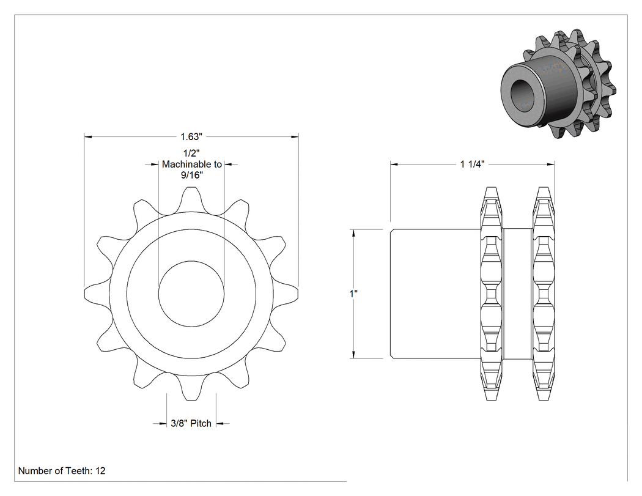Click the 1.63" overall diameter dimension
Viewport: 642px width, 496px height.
click(x=191, y=137)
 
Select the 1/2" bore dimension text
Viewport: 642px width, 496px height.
click(x=191, y=154)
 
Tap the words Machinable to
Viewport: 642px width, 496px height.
click(x=191, y=165)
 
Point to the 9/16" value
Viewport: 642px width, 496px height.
click(x=191, y=176)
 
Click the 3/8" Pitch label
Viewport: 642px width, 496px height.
click(x=191, y=423)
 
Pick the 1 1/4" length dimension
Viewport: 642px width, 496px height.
click(x=472, y=165)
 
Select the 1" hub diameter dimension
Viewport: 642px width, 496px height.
click(x=354, y=294)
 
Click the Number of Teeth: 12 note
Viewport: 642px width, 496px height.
click(x=62, y=470)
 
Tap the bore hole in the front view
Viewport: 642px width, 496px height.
click(x=191, y=294)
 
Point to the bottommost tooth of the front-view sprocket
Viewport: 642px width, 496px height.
click(x=191, y=388)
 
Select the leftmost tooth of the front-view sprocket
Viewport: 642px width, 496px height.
click(x=97, y=294)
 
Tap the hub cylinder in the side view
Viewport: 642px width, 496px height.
click(x=435, y=294)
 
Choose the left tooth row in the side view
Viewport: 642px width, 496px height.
click(x=492, y=294)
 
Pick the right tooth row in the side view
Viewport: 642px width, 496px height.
click(x=544, y=294)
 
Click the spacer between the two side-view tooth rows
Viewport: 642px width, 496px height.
click(x=517, y=294)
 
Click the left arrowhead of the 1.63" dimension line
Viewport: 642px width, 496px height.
click(x=87, y=137)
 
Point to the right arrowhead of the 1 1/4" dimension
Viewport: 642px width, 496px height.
click(x=551, y=165)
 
